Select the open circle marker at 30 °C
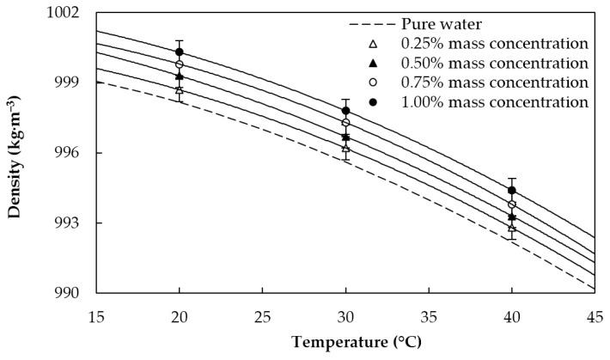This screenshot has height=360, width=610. point(345,123)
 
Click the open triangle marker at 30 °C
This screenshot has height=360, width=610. point(345,148)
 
